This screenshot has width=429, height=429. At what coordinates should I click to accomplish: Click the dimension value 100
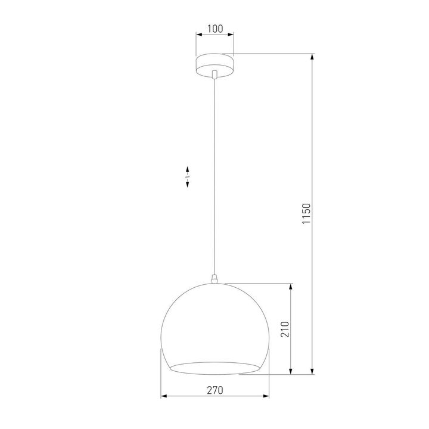[x=214, y=29]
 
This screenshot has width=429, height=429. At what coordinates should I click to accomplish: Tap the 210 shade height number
[x=285, y=329]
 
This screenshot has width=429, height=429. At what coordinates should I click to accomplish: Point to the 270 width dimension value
[x=214, y=390]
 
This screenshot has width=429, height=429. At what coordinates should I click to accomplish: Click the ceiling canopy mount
[x=214, y=63]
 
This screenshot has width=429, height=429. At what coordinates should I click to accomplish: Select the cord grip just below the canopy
[x=214, y=74]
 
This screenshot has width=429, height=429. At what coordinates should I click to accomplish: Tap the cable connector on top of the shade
[x=214, y=278]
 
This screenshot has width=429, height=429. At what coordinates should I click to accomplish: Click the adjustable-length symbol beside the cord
[x=187, y=177]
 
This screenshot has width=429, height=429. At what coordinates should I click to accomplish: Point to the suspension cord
[x=214, y=179]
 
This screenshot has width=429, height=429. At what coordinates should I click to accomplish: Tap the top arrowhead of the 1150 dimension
[x=312, y=58]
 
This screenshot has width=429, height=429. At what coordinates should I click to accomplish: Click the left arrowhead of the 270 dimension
[x=165, y=396]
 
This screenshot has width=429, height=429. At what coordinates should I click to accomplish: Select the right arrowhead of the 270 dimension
[x=264, y=396]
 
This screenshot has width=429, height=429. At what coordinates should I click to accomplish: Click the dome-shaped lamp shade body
[x=214, y=322]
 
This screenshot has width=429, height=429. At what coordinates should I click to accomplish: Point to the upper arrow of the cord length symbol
[x=187, y=169]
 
